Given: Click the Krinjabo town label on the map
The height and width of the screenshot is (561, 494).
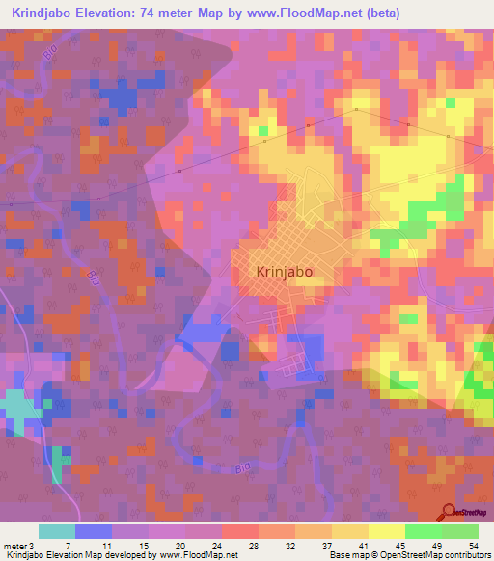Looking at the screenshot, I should (x=285, y=272).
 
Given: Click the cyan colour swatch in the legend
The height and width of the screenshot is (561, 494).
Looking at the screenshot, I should (x=57, y=531).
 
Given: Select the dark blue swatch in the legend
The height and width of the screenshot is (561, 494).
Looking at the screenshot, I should (x=94, y=531).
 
